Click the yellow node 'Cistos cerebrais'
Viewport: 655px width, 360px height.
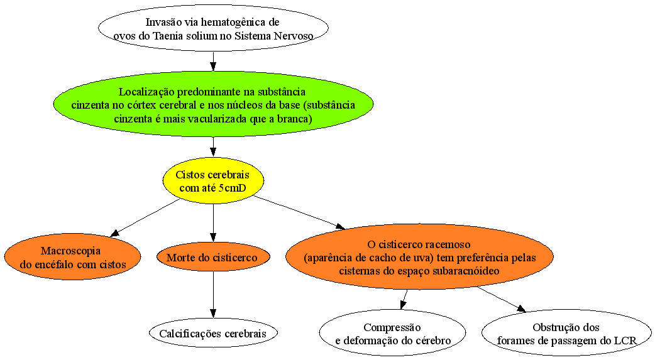(x=213, y=181)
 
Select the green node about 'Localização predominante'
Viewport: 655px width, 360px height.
(x=213, y=104)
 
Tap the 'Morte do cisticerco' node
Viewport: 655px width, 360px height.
(x=213, y=257)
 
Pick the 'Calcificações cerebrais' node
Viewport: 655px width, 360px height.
(x=213, y=333)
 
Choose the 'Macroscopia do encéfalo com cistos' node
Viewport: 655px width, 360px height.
(x=73, y=257)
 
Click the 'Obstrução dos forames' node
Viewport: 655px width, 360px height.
(x=566, y=333)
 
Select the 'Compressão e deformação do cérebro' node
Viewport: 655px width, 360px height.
(x=393, y=333)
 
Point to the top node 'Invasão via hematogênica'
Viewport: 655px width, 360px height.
(x=213, y=28)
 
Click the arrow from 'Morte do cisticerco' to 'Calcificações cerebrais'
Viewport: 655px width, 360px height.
(x=213, y=295)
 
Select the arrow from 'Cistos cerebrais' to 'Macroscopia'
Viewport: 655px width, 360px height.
(x=145, y=217)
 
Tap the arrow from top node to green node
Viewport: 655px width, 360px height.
(x=213, y=61)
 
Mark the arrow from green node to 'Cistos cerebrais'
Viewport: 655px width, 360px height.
(x=213, y=146)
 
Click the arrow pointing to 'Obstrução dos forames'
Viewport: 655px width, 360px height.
(x=501, y=300)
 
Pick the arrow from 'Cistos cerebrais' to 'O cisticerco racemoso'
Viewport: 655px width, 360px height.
(x=299, y=212)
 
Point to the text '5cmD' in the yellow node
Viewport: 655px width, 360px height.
(x=232, y=188)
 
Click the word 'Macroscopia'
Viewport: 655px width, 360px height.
(x=70, y=251)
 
